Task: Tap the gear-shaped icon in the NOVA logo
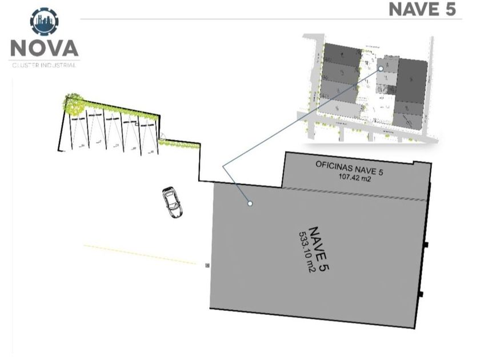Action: click(44, 22)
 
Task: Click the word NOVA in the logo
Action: click(44, 48)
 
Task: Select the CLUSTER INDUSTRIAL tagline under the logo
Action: click(44, 65)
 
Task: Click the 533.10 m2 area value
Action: click(306, 251)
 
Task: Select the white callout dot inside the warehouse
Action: click(250, 203)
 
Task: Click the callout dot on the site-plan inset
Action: click(381, 69)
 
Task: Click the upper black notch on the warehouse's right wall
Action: click(426, 245)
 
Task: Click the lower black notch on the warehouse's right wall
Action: click(421, 294)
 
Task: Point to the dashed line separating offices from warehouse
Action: click(354, 194)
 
